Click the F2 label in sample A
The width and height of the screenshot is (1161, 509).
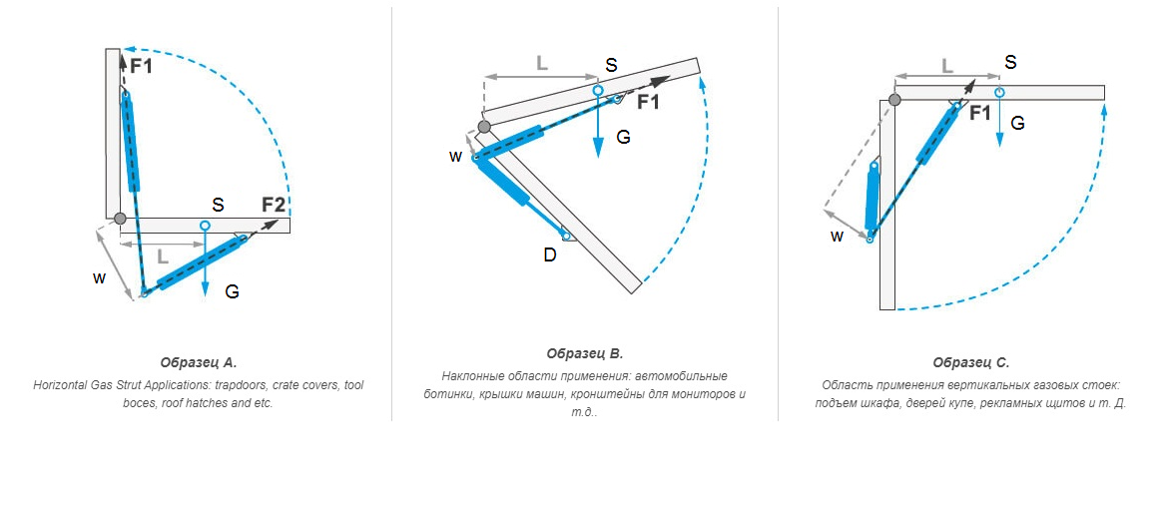(x=274, y=205)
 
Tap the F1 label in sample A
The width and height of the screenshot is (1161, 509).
(x=142, y=66)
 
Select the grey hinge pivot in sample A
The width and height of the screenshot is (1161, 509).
(x=119, y=219)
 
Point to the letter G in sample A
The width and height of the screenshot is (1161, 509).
(x=232, y=292)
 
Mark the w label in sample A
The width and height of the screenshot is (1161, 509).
(x=98, y=278)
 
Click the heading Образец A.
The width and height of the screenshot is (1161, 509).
(x=199, y=362)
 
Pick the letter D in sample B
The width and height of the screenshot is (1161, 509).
(x=549, y=255)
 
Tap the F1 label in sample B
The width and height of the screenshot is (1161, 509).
(x=649, y=102)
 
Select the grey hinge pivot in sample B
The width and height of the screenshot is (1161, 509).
(x=485, y=127)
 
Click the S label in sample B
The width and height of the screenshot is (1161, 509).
(x=611, y=65)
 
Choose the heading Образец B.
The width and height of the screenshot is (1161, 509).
(x=585, y=353)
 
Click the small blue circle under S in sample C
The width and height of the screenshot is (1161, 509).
(x=999, y=92)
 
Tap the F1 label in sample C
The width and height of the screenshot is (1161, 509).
(x=979, y=113)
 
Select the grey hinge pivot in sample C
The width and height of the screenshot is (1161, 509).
(x=894, y=99)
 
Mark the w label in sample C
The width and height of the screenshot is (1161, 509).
(x=837, y=237)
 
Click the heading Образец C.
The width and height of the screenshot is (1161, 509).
(x=970, y=362)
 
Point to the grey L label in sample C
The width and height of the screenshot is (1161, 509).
(x=947, y=66)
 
